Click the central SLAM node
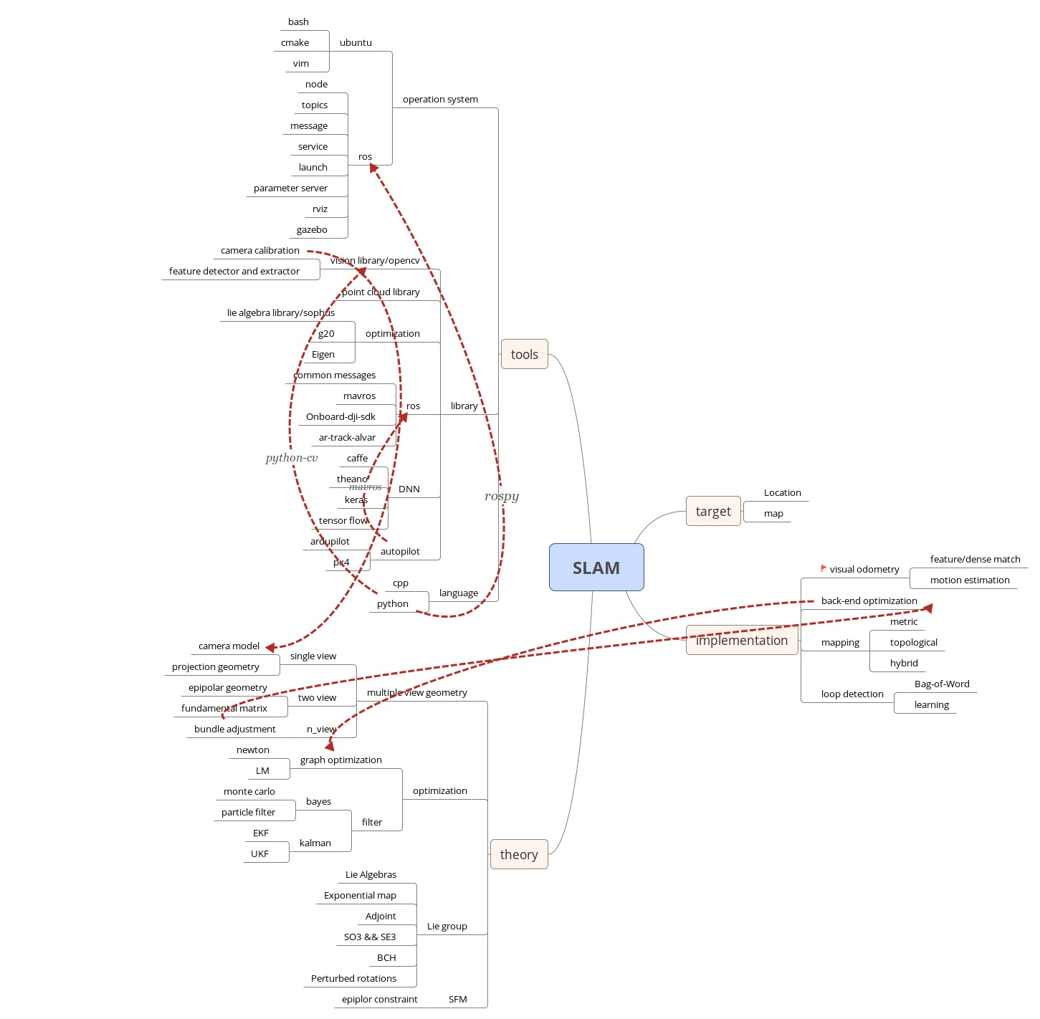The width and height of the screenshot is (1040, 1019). (x=596, y=568)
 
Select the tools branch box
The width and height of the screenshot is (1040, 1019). (x=524, y=355)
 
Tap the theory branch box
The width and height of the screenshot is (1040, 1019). (x=519, y=854)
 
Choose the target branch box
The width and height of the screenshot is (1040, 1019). (x=713, y=512)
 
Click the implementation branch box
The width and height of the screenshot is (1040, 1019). (x=742, y=641)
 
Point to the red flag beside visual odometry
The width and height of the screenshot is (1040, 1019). (x=824, y=568)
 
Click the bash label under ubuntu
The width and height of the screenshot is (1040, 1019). (x=298, y=22)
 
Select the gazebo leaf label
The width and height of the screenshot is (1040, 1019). (x=312, y=230)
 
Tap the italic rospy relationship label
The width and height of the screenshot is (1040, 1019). (x=502, y=497)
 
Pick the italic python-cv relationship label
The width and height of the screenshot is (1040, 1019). (x=292, y=458)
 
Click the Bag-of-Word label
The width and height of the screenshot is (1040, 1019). (x=942, y=684)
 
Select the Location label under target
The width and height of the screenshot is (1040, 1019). (x=782, y=493)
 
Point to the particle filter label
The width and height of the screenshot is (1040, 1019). (x=248, y=813)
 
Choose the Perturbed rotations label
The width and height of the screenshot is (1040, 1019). (x=353, y=979)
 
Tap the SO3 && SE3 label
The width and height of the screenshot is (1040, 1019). (x=370, y=937)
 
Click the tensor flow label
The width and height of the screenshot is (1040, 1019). (x=343, y=521)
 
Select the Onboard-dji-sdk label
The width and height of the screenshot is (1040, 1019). (x=340, y=417)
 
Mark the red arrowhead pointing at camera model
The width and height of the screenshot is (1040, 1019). (x=271, y=647)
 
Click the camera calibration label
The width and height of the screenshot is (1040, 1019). (x=260, y=251)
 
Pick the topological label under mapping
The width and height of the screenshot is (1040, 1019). (x=913, y=643)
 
